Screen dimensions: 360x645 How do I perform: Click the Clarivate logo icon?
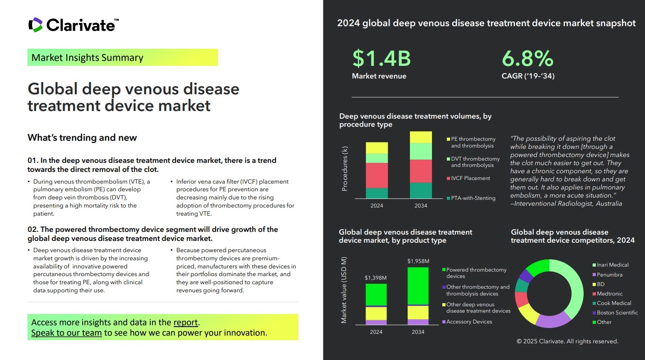[35, 25]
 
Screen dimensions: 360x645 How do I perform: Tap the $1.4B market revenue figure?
[381, 59]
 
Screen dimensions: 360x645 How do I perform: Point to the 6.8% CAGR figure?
[528, 59]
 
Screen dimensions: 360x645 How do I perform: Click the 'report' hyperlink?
[186, 322]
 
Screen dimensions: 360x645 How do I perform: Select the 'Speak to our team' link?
[66, 333]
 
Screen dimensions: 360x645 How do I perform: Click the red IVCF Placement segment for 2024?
[376, 175]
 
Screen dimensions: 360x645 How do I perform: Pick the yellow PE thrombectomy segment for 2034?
[421, 137]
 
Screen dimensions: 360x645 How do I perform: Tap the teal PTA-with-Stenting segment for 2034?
[421, 190]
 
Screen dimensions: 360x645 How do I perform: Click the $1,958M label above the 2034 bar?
[418, 261]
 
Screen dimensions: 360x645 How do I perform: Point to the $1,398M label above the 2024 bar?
[376, 277]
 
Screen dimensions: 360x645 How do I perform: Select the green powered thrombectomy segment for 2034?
[418, 286]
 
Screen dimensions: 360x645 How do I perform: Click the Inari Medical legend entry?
[612, 265]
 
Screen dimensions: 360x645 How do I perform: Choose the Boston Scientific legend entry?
[617, 313]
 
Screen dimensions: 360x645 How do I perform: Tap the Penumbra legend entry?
[609, 275]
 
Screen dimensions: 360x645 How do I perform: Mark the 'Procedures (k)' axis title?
[345, 168]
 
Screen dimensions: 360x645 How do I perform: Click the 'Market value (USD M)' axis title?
[344, 290]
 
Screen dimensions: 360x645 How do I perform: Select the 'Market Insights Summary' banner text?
[87, 58]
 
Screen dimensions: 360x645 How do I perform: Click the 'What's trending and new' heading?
[82, 138]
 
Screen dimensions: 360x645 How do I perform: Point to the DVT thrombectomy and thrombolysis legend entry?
[475, 162]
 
